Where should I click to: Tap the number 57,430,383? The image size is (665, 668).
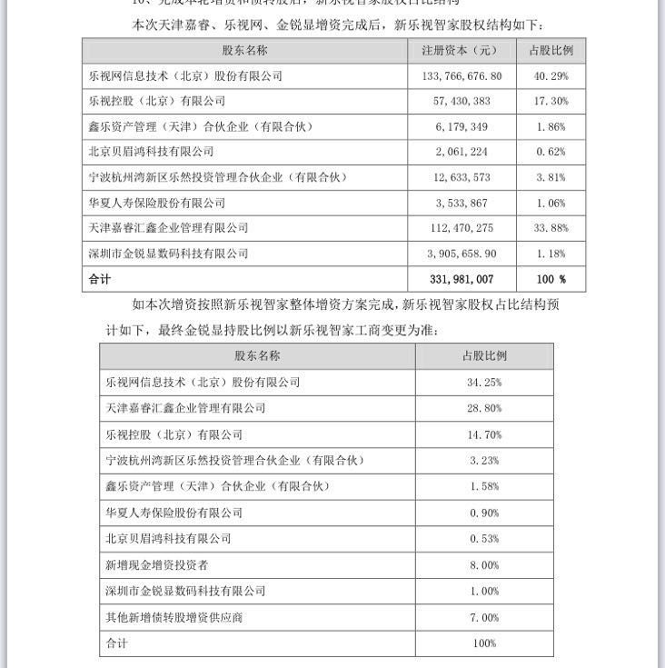(x=462, y=102)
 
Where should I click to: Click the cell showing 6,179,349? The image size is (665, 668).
(x=462, y=127)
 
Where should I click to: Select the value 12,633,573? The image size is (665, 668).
(x=462, y=177)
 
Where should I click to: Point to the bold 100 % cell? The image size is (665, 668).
(x=551, y=279)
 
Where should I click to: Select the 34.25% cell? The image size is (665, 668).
(x=483, y=383)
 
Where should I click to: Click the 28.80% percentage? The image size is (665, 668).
(x=483, y=409)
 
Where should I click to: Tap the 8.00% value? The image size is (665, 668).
(x=483, y=565)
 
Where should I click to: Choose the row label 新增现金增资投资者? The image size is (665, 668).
(x=157, y=565)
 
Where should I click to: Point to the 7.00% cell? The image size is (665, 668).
(x=483, y=618)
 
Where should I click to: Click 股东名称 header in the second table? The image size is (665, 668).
(x=257, y=356)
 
